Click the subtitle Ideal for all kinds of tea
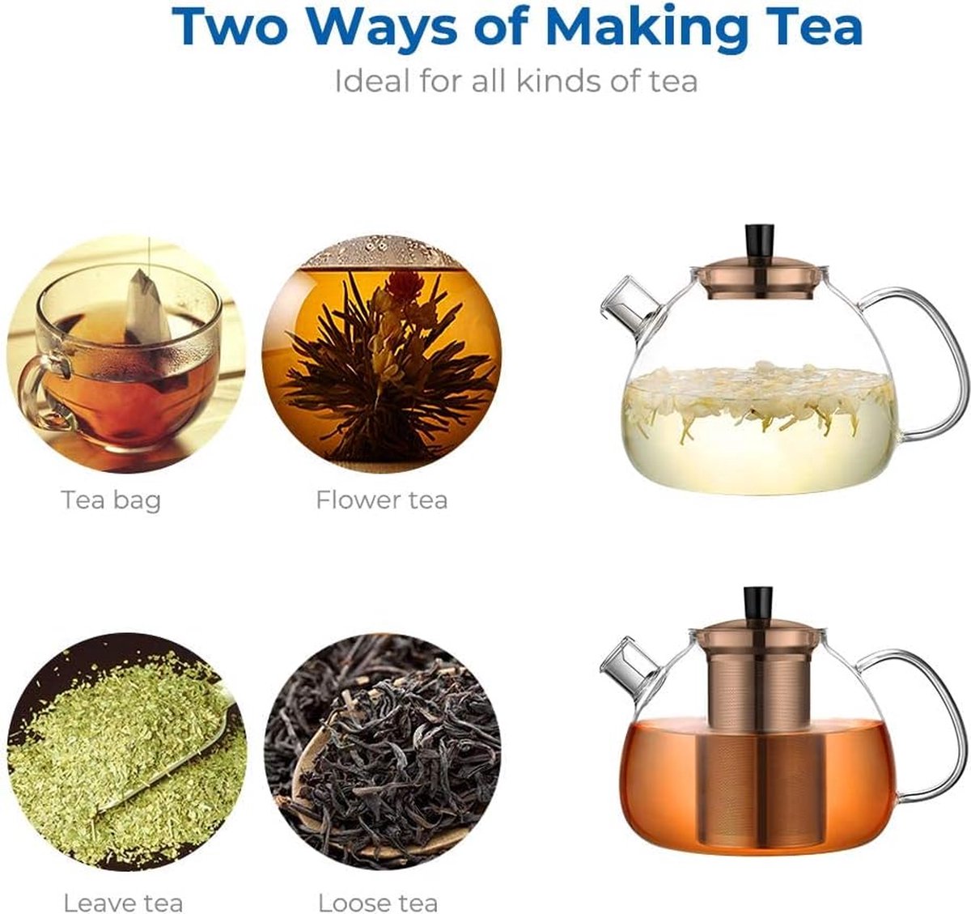tap(515, 81)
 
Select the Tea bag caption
tap(111, 500)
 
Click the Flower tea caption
tap(381, 500)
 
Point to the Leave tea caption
tap(123, 902)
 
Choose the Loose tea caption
tap(378, 902)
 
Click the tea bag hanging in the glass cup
tap(148, 308)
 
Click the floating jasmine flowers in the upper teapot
tap(757, 397)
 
